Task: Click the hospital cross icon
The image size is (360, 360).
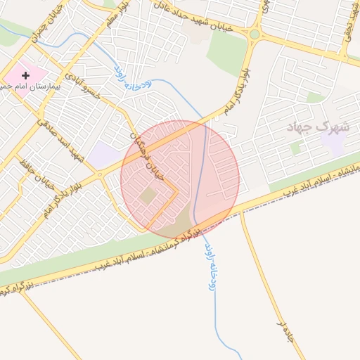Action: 26,75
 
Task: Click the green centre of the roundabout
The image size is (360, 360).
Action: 254,34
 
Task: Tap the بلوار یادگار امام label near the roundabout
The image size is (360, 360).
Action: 236,91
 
